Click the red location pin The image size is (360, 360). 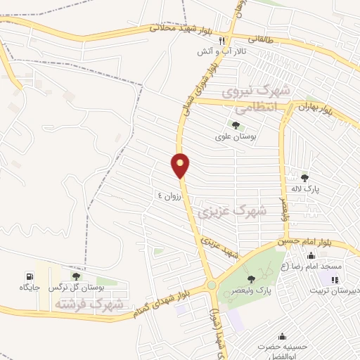181,165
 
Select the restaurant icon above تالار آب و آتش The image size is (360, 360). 222,41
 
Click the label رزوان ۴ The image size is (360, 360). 169,196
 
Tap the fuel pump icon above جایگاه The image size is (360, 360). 28,276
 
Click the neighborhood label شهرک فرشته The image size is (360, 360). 89,304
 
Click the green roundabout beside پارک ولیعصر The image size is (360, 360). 212,285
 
